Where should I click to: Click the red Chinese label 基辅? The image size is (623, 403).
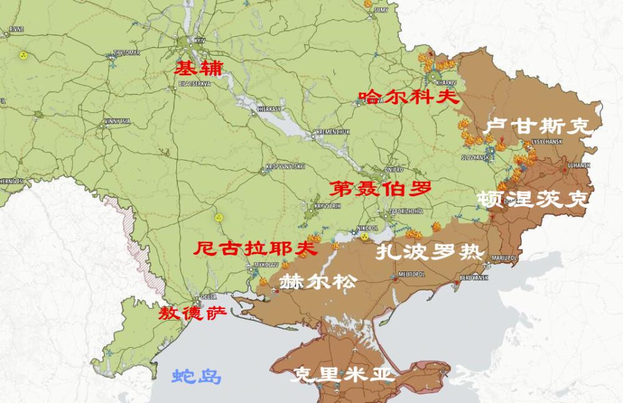coord(197,67)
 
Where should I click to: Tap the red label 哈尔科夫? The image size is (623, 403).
coord(408,97)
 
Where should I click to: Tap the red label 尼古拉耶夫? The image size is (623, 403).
coord(254,249)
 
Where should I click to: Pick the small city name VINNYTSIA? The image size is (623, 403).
coord(117,120)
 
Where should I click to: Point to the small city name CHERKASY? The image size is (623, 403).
coord(269,108)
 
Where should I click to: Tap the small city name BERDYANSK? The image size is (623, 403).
coord(473,277)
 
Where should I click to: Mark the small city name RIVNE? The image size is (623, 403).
coord(16,29)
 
